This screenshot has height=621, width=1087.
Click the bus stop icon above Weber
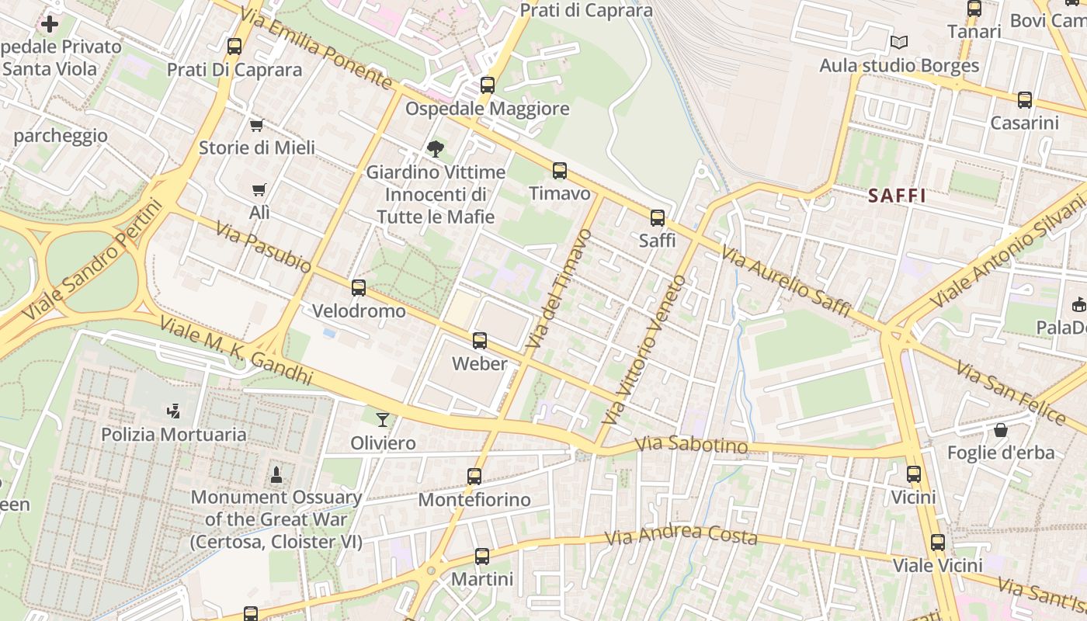point(480,340)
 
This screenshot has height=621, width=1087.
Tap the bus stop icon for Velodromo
point(358,287)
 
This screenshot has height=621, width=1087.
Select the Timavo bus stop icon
point(559,170)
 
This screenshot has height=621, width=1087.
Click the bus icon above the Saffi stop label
point(658,217)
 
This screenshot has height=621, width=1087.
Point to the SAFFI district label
point(897,196)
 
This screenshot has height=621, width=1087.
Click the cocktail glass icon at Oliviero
point(383,420)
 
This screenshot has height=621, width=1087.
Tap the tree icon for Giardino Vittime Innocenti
point(436,148)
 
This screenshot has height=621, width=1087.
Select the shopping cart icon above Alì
point(259,189)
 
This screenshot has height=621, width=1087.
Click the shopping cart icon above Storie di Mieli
point(256,125)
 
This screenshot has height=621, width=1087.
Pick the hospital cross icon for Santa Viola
point(50,24)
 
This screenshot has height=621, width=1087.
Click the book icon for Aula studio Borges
point(899,43)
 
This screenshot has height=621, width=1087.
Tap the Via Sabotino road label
point(691,446)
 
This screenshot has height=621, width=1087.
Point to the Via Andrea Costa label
point(681,535)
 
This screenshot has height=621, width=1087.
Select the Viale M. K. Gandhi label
point(235,350)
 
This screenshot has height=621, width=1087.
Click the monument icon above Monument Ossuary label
point(276,474)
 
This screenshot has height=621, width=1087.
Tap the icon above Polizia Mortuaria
point(174,411)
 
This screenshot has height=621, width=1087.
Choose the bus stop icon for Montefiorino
point(474,476)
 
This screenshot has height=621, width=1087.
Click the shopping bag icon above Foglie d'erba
point(1001,429)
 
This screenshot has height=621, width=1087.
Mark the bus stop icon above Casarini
point(1025,99)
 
